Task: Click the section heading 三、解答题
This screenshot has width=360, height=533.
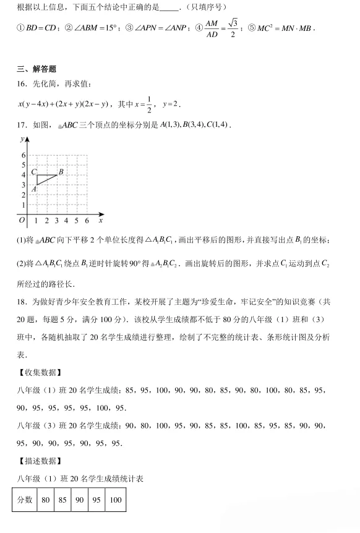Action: click(37, 69)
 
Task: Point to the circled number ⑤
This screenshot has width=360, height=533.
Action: click(252, 28)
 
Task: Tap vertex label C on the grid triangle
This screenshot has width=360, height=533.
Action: click(33, 172)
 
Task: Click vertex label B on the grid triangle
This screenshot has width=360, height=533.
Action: click(61, 171)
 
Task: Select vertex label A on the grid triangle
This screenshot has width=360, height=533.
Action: click(34, 189)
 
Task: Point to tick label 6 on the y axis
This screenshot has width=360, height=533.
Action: click(24, 155)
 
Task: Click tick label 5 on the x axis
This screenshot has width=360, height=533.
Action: click(77, 221)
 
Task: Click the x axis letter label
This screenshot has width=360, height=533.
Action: click(100, 220)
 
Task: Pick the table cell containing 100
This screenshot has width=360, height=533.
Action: click(115, 500)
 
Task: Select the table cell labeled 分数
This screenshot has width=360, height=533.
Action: click(25, 500)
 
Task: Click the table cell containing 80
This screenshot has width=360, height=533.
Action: click(45, 500)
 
